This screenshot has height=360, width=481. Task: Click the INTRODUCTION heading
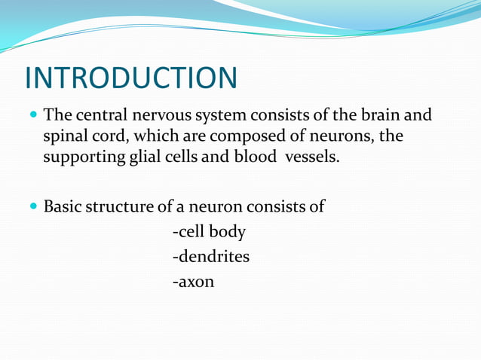(x=131, y=78)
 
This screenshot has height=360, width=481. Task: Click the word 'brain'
(x=379, y=117)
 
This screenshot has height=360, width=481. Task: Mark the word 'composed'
(x=244, y=138)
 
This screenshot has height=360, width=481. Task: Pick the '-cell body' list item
(x=209, y=232)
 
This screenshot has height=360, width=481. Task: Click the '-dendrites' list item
(x=211, y=257)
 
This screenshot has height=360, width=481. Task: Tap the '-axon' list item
(x=193, y=282)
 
